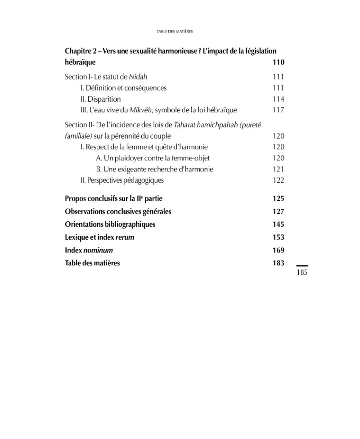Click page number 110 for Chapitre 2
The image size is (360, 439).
[278, 63]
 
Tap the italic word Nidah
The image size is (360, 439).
[138, 77]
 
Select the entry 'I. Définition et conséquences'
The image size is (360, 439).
[123, 88]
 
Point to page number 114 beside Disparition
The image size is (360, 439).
[278, 99]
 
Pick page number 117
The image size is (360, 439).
[278, 110]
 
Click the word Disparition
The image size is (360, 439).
[104, 99]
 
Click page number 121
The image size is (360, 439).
[278, 169]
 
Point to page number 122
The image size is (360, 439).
[278, 180]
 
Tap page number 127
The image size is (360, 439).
[278, 211]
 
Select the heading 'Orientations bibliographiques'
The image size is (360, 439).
[110, 224]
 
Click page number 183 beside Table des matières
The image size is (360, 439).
[278, 263]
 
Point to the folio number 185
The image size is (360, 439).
[302, 272]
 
